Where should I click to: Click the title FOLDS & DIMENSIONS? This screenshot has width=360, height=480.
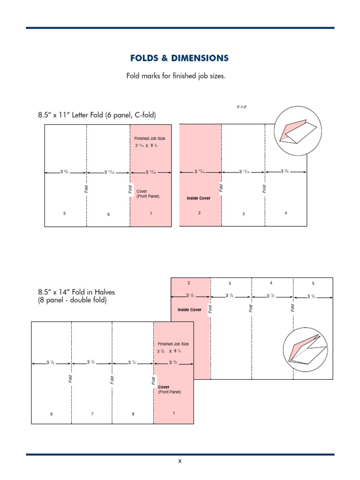point(180,58)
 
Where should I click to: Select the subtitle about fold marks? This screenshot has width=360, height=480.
point(176,75)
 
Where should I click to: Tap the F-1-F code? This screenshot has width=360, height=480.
point(241,107)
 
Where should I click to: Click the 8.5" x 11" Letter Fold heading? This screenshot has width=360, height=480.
point(97,115)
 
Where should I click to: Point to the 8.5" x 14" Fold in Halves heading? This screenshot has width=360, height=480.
point(76,296)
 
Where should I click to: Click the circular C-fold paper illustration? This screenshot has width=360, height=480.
point(299,130)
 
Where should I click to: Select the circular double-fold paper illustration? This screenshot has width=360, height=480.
point(305,350)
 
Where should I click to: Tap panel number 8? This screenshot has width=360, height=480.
point(133,414)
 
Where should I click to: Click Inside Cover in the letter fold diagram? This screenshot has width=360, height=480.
point(199,198)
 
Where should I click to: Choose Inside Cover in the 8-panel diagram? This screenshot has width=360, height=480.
point(189,310)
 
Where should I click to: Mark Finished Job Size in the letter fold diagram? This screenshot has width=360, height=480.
point(150,139)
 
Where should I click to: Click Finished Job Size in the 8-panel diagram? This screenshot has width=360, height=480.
point(173,344)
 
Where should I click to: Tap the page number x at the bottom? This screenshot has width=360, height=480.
point(180,461)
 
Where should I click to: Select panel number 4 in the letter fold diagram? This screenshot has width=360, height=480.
point(286,213)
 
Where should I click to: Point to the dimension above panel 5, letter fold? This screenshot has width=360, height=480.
point(64,172)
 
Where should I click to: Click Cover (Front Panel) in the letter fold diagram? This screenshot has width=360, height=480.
point(148,194)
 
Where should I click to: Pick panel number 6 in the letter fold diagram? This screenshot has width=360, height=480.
point(108,214)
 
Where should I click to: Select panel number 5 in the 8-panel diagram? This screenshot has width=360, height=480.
point(313,283)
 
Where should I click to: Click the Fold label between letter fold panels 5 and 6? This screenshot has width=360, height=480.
point(86,188)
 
